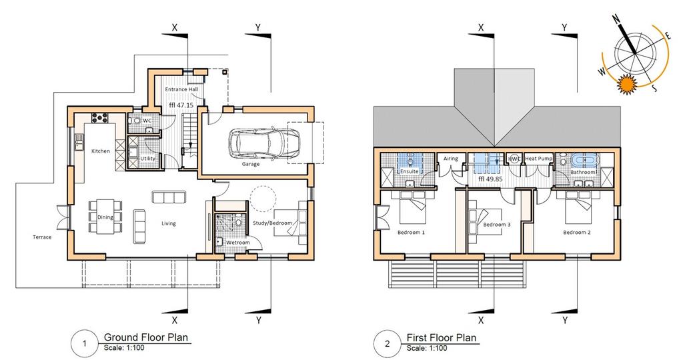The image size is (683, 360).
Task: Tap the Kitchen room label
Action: pos(101,151)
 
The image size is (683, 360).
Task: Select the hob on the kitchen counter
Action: pos(99,117)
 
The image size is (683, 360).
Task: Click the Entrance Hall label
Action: pos(181,89)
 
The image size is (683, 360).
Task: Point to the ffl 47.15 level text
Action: pos(181,105)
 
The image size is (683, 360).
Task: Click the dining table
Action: pos(105,217)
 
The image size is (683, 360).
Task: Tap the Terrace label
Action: pos(42,237)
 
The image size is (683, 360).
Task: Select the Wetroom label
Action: pos(238,243)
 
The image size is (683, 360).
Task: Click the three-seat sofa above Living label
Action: pos(169,197)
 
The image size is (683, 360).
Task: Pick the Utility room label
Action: pos(147,159)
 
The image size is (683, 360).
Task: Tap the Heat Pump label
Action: pos(538,159)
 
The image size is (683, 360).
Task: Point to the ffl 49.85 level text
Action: pos(490,179)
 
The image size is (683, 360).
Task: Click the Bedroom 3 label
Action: pos(496,225)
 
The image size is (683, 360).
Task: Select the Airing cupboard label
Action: pos(451,159)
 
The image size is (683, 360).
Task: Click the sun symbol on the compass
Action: pos(627,84)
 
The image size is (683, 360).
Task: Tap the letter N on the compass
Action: pos(616,19)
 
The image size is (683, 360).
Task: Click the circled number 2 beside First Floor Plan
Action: pos(388,343)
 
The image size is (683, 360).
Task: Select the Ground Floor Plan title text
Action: pos(146,337)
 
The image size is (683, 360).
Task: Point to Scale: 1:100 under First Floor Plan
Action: pos(427,348)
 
